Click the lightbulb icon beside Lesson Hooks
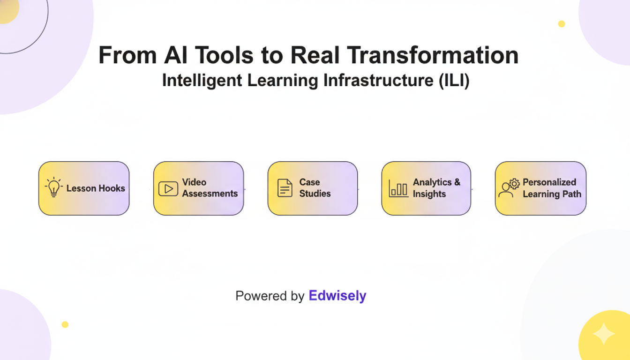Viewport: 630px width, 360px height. [x=54, y=187]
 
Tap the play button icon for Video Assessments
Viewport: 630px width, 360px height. [x=168, y=189]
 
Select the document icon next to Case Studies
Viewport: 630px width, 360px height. [x=285, y=187]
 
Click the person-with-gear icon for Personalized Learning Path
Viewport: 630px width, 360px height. [x=509, y=188]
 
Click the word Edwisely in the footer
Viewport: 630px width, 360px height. [x=337, y=296]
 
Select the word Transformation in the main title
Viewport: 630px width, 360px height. [x=433, y=55]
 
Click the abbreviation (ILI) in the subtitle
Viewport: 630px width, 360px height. [x=454, y=81]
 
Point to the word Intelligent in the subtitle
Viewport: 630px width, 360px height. [x=202, y=81]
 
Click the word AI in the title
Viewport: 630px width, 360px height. [x=176, y=55]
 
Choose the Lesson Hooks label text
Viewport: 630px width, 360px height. [x=96, y=188]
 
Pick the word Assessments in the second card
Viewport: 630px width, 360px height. [x=210, y=194]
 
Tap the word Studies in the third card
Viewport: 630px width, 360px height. [x=315, y=194]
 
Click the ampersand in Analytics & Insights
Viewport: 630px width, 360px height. [x=457, y=182]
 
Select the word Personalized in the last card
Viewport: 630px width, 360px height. [x=549, y=182]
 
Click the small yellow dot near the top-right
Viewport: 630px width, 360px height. [x=562, y=24]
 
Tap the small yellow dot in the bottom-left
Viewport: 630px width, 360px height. [x=65, y=324]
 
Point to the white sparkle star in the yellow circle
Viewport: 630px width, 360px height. [x=604, y=334]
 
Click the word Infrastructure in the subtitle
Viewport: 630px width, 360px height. [x=378, y=81]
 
